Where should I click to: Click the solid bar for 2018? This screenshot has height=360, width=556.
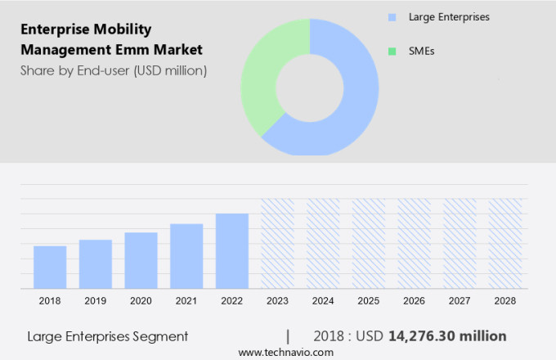50,267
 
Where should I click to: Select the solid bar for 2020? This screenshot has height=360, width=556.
141,260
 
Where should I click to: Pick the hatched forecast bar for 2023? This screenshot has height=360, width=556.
277,243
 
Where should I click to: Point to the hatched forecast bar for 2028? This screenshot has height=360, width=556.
504,243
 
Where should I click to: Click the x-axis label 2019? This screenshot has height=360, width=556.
96,301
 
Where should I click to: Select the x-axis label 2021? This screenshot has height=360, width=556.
186,301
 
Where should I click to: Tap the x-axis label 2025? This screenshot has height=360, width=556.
368,301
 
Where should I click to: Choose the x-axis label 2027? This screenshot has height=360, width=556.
460,301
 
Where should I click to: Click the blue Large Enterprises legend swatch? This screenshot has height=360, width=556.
392,16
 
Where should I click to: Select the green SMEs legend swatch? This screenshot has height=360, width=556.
392,52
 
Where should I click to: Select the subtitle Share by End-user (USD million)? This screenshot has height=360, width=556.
114,70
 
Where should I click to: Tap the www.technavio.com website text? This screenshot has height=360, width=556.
285,352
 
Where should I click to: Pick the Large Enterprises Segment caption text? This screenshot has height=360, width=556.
107,336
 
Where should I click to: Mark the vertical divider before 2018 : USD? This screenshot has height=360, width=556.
288,335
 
